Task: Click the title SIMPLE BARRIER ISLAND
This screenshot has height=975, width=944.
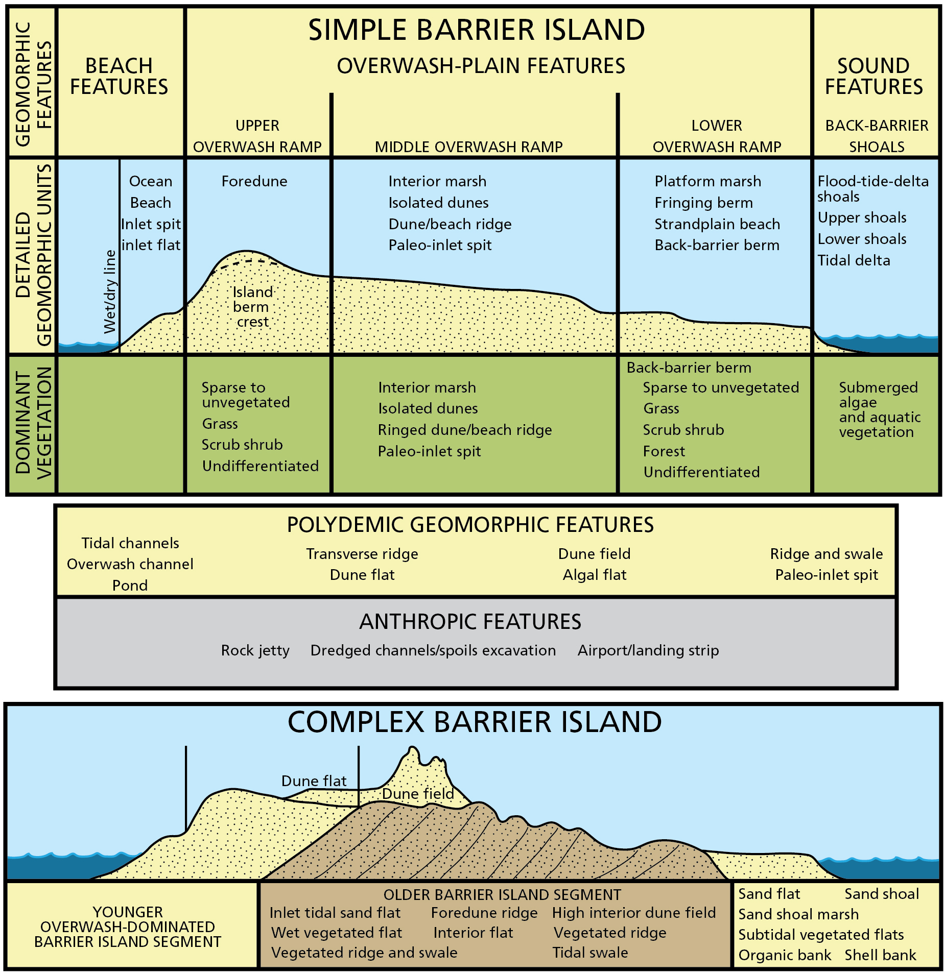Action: [x=476, y=30]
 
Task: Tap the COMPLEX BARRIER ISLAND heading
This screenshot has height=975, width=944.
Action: [x=475, y=722]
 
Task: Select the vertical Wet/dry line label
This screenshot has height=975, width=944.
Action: [x=110, y=291]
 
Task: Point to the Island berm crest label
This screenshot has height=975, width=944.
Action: [x=252, y=307]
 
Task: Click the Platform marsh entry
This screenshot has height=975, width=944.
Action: [x=707, y=181]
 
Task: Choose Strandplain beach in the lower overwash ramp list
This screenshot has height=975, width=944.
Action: [x=717, y=224]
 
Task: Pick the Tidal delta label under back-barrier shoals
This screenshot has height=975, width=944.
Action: [x=854, y=260]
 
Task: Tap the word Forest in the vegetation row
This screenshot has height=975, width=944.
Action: [x=664, y=451]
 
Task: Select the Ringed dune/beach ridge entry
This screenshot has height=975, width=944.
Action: [x=465, y=430]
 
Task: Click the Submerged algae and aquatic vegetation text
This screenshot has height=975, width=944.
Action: [x=879, y=409]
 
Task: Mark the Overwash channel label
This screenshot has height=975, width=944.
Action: [x=130, y=564]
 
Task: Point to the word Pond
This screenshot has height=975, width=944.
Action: [x=130, y=586]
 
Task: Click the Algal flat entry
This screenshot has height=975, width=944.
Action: [x=594, y=575]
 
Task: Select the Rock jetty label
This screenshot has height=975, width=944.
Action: [x=255, y=650]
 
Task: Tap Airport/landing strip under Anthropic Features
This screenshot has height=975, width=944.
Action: [x=648, y=650]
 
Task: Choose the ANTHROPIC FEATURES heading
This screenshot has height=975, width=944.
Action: [x=470, y=622]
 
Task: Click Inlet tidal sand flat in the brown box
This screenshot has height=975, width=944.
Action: [x=335, y=912]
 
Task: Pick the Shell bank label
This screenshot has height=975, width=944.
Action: [x=880, y=955]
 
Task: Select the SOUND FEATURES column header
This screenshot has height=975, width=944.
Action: [x=874, y=77]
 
